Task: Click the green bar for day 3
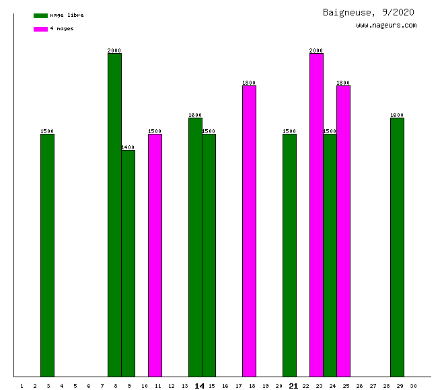(47, 256)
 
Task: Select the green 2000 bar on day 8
(114, 215)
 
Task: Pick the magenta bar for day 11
(155, 256)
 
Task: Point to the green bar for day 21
(289, 256)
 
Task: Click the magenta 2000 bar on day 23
(316, 215)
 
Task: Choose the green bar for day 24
(330, 256)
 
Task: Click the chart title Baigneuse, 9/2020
(368, 12)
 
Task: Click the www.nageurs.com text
(386, 26)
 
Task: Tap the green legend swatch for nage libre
(40, 15)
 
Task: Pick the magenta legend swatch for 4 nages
(40, 29)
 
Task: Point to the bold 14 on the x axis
(199, 386)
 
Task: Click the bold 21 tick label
(293, 386)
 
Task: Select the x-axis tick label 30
(413, 386)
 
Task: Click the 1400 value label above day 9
(128, 147)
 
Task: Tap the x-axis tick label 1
(22, 386)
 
